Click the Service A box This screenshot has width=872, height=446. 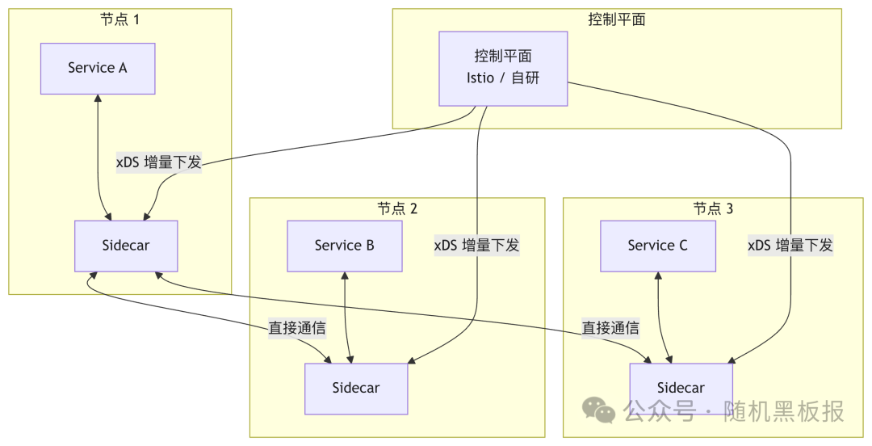(x=98, y=69)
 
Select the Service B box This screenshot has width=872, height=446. (x=345, y=246)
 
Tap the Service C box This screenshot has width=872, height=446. (x=657, y=246)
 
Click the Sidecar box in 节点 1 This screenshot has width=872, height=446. (x=126, y=246)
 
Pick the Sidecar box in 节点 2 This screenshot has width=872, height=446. (x=355, y=388)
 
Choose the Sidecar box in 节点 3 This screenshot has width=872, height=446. (x=681, y=389)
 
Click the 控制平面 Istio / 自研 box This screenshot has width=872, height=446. (x=503, y=69)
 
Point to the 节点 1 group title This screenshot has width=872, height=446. (x=119, y=19)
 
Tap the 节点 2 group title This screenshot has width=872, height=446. (x=397, y=208)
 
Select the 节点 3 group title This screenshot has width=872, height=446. (x=713, y=208)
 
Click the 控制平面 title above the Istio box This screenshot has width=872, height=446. (x=617, y=19)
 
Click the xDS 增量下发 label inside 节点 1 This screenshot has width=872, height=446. (x=158, y=162)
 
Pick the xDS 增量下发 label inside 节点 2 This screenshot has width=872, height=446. (x=476, y=246)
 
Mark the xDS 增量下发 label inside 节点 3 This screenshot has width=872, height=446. (x=790, y=246)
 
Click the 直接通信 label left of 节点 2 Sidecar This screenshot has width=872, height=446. (x=297, y=328)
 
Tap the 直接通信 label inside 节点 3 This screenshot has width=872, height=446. (x=610, y=328)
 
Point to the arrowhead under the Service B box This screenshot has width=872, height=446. (x=345, y=276)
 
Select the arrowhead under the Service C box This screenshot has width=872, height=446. (x=659, y=276)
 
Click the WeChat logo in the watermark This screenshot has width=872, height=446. (x=599, y=410)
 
